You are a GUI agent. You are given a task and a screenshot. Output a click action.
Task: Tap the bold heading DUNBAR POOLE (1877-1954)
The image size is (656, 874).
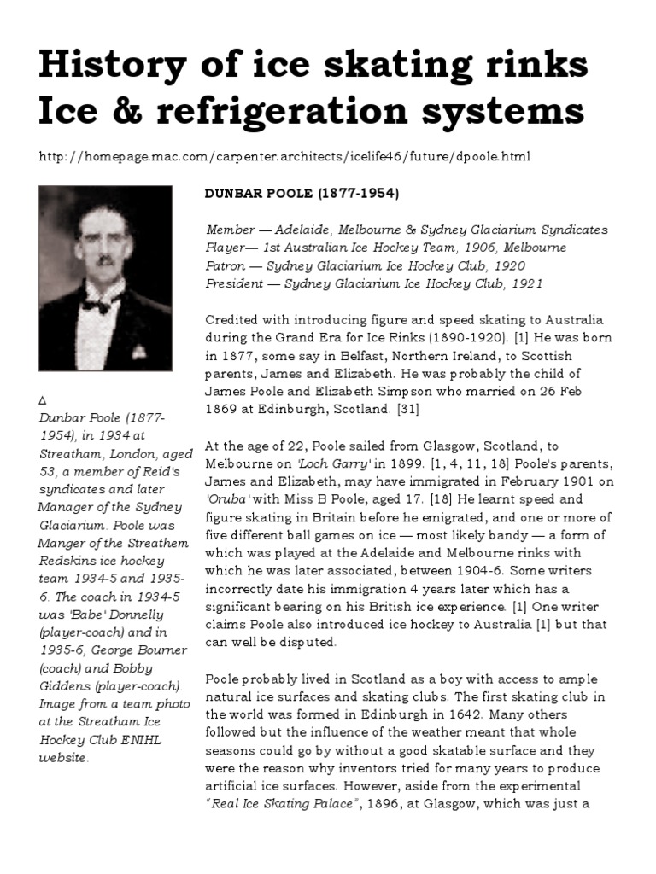point(302,194)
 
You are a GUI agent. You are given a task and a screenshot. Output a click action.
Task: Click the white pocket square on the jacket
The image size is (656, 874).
point(139,350)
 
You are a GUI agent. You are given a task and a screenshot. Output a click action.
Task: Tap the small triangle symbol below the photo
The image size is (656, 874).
point(43,399)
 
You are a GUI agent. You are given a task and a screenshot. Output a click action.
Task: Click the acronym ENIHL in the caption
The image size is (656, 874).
point(146,740)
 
